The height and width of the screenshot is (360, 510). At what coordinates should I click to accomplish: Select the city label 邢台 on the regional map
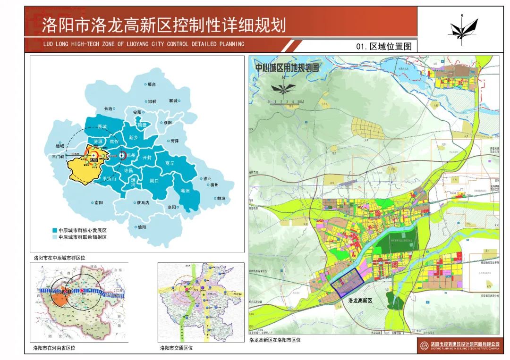pyautogui.click(x=150, y=84)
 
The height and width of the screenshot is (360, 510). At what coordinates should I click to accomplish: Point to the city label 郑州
pyautogui.click(x=130, y=155)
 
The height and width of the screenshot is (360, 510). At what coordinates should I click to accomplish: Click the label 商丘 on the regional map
pyautogui.click(x=170, y=163)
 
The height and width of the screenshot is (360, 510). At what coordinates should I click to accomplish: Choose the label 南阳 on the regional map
pyautogui.click(x=97, y=202)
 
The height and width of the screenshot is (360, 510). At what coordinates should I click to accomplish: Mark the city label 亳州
pyautogui.click(x=185, y=191)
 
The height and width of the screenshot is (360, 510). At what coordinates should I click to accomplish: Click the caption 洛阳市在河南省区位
pyautogui.click(x=54, y=348)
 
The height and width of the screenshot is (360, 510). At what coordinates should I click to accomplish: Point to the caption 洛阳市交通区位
pyautogui.click(x=177, y=348)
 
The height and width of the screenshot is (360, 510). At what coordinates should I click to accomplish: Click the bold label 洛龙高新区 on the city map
pyautogui.click(x=360, y=300)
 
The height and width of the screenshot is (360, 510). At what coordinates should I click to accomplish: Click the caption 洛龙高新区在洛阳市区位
pyautogui.click(x=275, y=339)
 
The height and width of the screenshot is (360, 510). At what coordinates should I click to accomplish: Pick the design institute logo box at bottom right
pyautogui.click(x=459, y=346)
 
